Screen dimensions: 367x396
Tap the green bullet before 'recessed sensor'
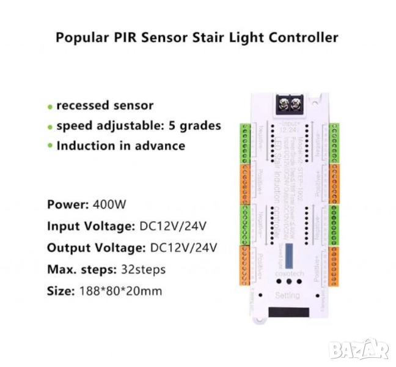[x=50, y=106]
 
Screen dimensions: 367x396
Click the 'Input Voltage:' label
[x=89, y=226]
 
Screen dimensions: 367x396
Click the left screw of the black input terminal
[x=284, y=104]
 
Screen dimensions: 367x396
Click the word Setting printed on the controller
[x=288, y=295]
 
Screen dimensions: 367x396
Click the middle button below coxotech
[x=287, y=284]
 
